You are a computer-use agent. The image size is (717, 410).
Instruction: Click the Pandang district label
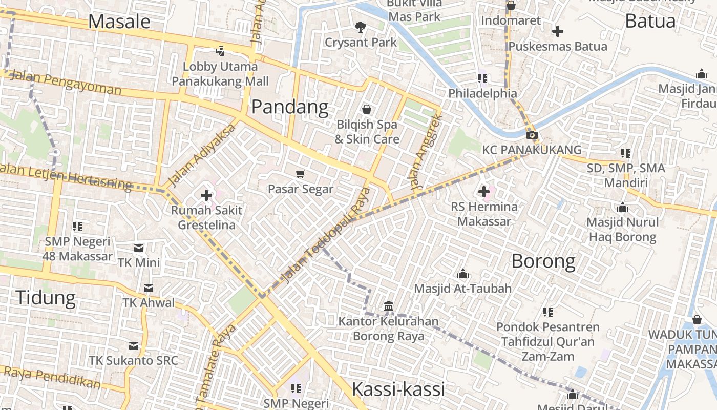click(x=290, y=107)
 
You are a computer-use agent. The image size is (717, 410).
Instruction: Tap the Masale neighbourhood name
click(x=119, y=22)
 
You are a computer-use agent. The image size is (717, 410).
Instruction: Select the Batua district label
click(x=650, y=21)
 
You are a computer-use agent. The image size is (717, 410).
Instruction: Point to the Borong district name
click(x=543, y=261)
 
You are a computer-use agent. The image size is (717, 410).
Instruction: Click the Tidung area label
click(x=46, y=297)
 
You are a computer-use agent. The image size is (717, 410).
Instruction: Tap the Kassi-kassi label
click(x=398, y=389)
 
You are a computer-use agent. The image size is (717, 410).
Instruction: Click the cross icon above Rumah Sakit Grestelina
click(x=206, y=195)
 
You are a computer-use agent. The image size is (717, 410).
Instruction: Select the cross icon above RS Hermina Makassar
click(x=484, y=192)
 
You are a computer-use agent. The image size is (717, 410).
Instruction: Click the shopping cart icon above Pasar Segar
click(x=301, y=174)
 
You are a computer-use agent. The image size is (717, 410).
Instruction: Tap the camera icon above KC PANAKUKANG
click(x=532, y=135)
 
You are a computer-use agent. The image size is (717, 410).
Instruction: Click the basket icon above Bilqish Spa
click(x=367, y=109)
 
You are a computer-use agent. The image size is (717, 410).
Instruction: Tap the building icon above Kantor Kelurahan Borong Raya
click(x=389, y=306)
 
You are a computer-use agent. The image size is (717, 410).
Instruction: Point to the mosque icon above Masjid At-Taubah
click(x=463, y=274)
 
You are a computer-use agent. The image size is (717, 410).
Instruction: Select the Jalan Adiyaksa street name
click(x=202, y=155)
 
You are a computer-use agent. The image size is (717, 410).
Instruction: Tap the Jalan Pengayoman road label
click(x=66, y=83)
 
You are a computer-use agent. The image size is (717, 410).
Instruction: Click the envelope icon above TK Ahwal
click(x=149, y=288)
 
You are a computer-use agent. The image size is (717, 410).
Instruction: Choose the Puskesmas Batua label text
click(x=558, y=46)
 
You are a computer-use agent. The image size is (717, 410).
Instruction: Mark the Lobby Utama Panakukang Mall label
click(x=220, y=74)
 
